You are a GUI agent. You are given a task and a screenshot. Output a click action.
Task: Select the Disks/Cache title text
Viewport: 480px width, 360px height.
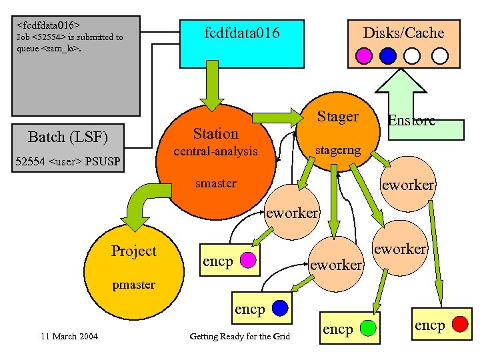(403, 33)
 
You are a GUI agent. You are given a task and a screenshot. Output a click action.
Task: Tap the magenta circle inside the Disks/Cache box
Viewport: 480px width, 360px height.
(364, 55)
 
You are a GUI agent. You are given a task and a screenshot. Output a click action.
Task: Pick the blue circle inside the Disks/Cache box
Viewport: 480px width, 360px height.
(389, 55)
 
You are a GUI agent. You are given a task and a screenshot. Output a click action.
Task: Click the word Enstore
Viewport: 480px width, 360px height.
(411, 120)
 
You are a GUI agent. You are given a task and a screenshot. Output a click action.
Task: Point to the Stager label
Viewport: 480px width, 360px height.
(337, 117)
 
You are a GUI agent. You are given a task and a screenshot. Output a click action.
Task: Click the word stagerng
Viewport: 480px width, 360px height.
(337, 150)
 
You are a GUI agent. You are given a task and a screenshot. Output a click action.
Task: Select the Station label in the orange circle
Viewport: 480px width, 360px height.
(215, 133)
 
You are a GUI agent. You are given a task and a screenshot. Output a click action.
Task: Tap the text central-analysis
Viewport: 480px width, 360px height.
(215, 151)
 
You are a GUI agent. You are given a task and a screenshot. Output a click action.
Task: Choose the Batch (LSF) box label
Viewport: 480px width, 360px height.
(67, 137)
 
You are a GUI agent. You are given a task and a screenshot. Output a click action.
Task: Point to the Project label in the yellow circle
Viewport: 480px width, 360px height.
(133, 251)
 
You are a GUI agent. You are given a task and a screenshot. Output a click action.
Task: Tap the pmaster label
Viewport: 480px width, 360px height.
(133, 285)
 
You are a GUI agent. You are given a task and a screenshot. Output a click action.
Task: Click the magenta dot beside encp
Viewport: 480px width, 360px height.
(247, 259)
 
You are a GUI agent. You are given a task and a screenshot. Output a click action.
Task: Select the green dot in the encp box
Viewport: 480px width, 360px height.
(366, 328)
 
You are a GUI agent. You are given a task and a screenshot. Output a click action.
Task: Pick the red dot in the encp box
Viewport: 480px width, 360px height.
(459, 325)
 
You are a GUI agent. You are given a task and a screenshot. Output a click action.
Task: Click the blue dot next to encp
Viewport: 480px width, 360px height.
(279, 308)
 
